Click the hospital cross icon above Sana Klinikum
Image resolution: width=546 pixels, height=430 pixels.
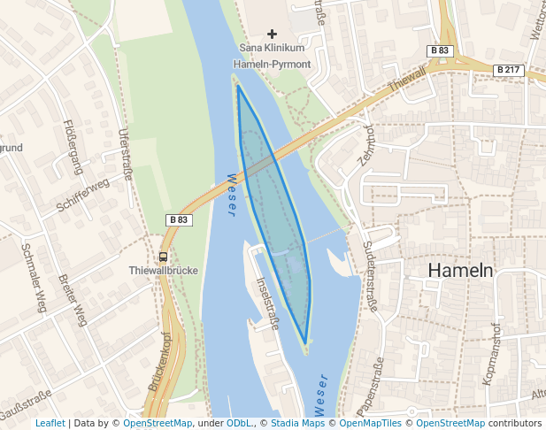coord(272,34)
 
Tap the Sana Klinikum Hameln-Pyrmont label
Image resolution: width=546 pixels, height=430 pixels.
coord(272,56)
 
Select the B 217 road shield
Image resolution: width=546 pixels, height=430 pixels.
coord(508,69)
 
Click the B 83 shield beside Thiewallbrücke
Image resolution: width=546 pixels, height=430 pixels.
coord(178,219)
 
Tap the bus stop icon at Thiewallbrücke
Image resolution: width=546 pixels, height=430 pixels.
coord(163,257)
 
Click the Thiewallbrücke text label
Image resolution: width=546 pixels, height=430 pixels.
coord(163,271)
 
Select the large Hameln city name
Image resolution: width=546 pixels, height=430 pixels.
coord(460,271)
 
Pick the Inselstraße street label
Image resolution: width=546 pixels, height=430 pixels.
coord(266,303)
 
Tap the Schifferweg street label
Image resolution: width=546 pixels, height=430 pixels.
coord(82,195)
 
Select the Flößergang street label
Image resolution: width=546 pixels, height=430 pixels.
coord(73,147)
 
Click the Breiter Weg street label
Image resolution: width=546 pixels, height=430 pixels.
coord(73,300)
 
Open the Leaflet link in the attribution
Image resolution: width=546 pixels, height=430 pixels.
coord(50,423)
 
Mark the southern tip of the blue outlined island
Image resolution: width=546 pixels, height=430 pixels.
coord(305,343)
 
